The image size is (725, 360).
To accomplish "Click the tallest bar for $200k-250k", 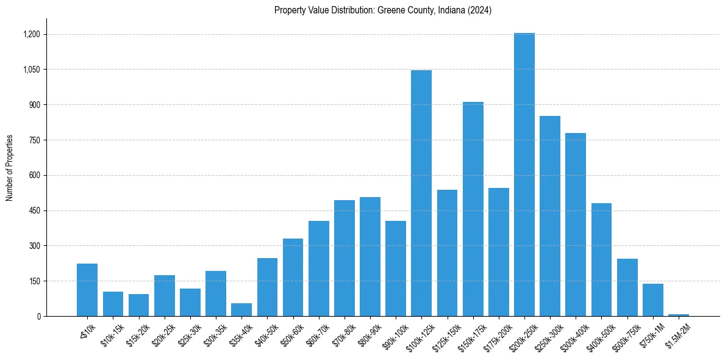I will (x=524, y=175).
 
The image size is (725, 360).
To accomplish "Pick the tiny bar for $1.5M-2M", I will (x=679, y=315).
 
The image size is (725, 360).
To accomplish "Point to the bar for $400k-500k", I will (x=601, y=259).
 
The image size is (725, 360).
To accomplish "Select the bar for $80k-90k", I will (x=370, y=256).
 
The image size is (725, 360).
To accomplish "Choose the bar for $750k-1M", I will (x=652, y=300).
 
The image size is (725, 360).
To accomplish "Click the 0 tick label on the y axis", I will (x=39, y=317).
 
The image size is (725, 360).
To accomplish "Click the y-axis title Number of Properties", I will (x=10, y=168).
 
